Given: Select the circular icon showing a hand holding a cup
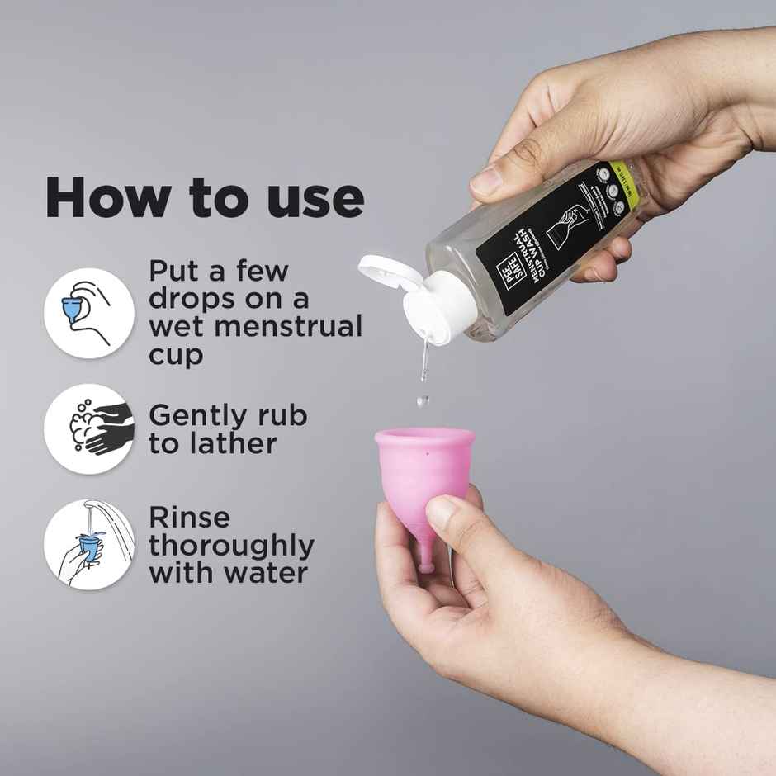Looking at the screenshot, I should [88, 308].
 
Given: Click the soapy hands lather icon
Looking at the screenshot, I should [88, 428].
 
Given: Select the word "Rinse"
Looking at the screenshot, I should [190, 518].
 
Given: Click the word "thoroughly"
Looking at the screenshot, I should [231, 546].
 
